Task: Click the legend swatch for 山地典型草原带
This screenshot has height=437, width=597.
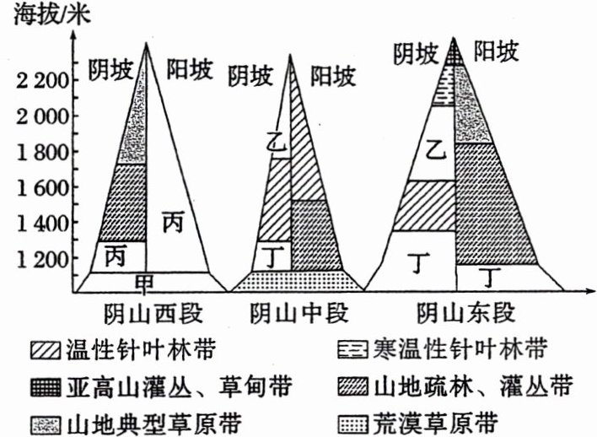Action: pyautogui.click(x=42, y=421)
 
